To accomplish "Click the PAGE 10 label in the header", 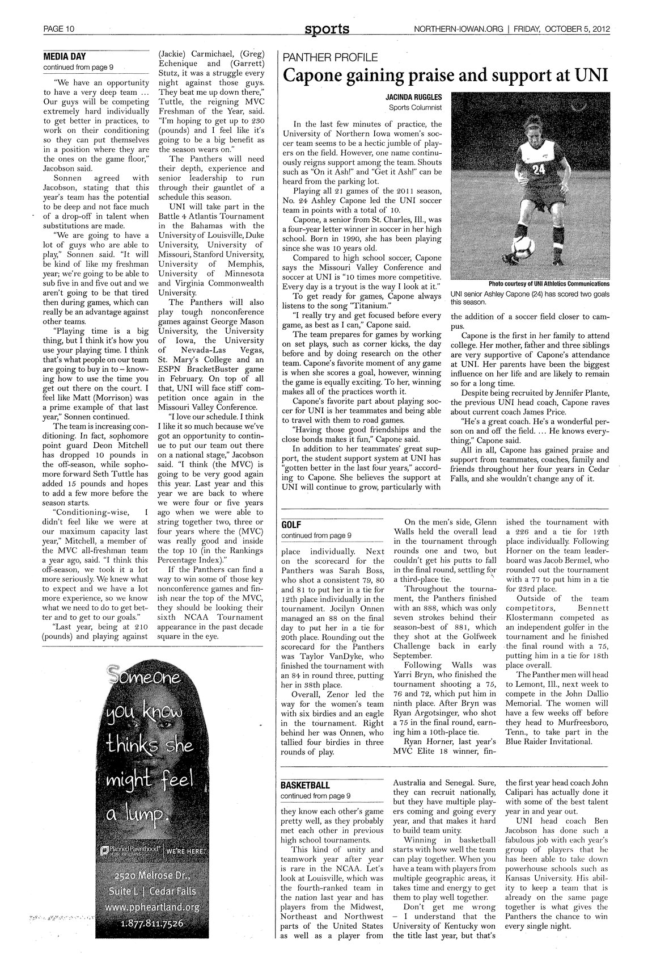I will (60, 29).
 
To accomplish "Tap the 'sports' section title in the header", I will (326, 28).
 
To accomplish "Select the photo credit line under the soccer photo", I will (549, 284).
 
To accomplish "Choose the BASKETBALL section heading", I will (305, 786).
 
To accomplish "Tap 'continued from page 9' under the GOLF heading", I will (316, 535).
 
